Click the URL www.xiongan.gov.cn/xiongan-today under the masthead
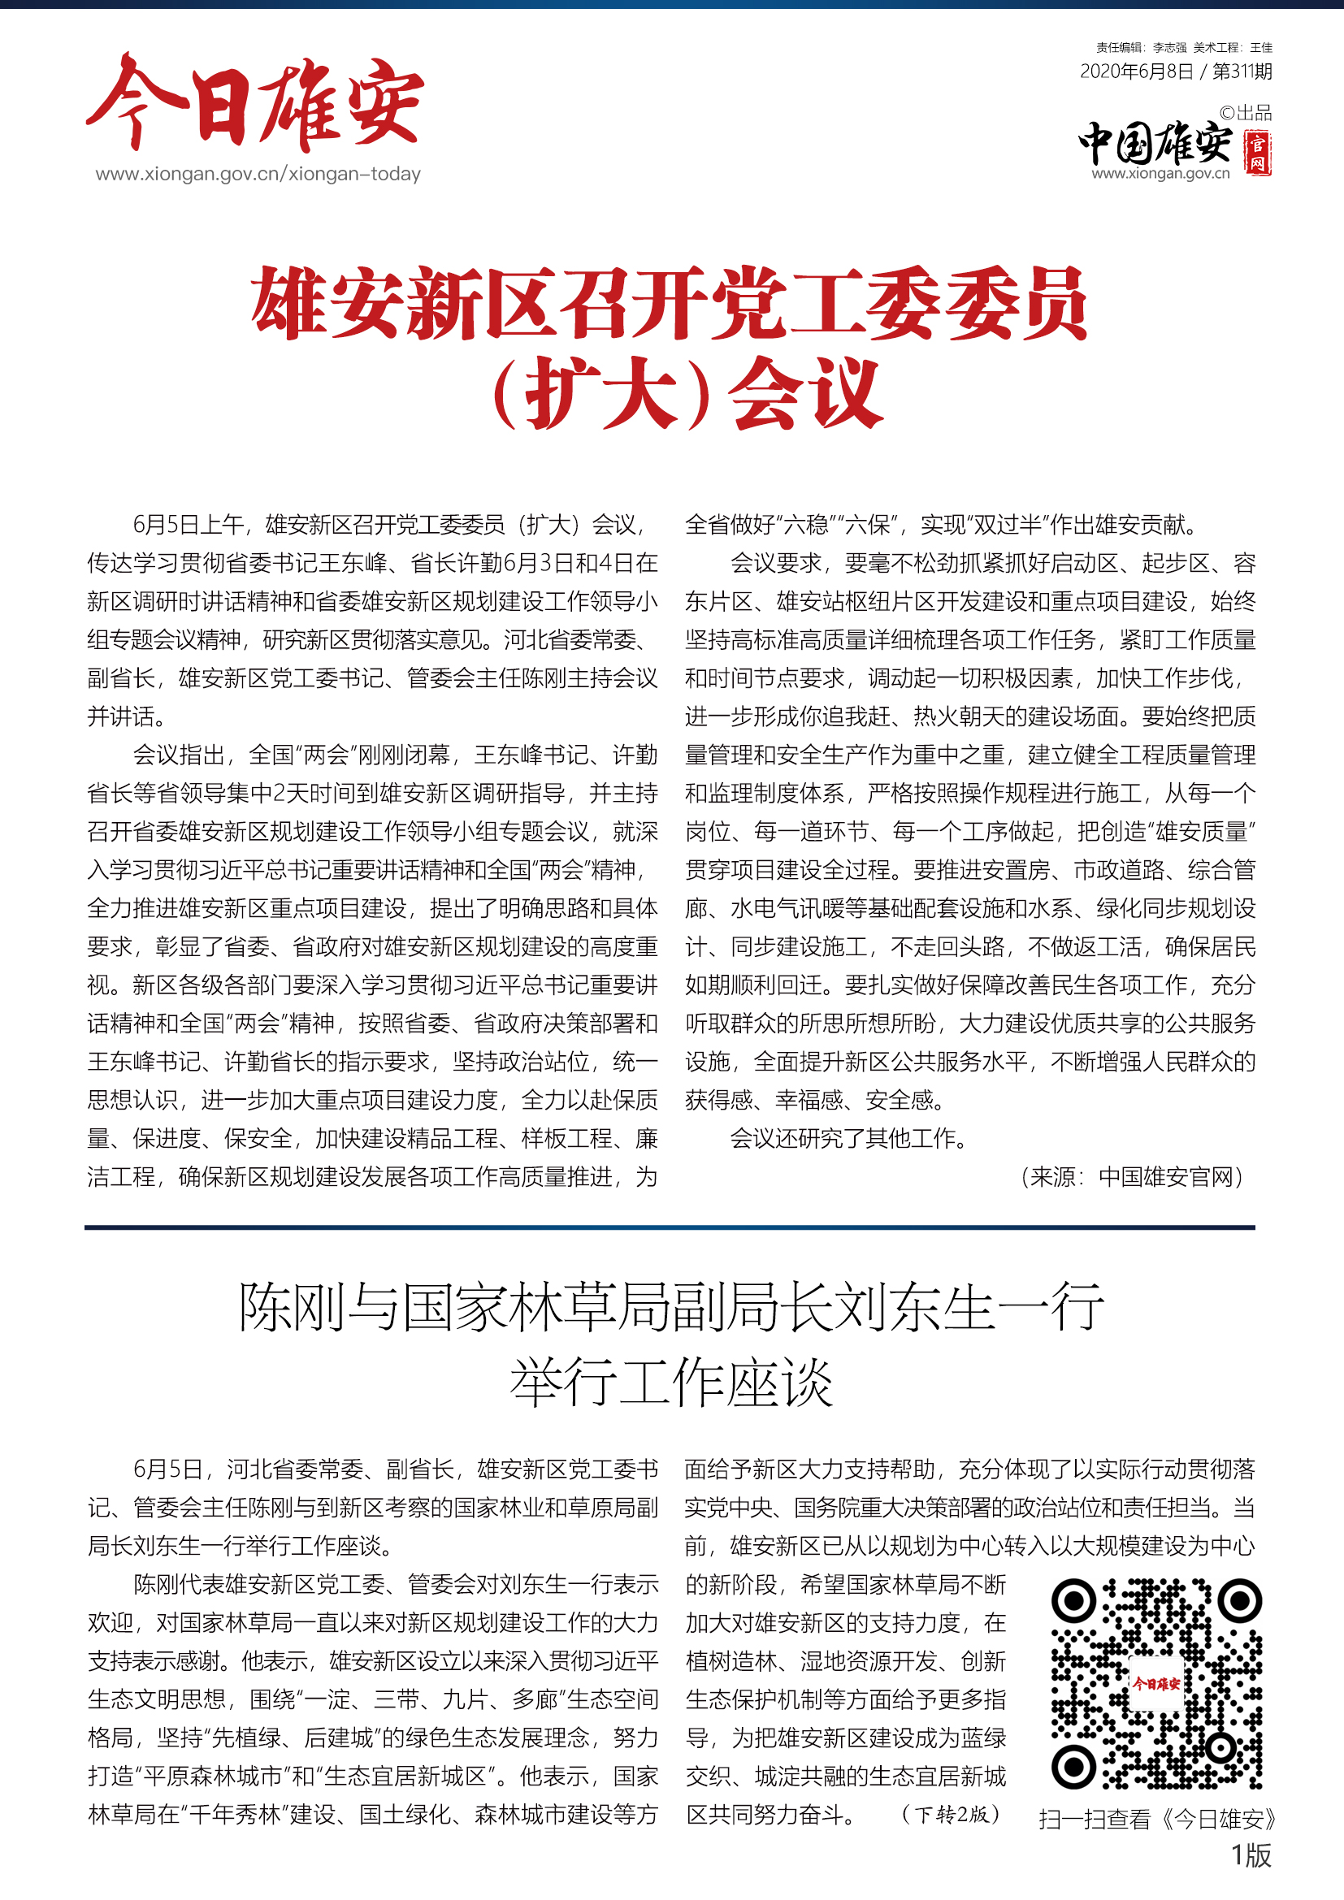(x=258, y=174)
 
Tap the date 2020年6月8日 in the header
(x=1136, y=72)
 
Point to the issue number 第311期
(x=1242, y=72)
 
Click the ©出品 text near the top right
(x=1246, y=113)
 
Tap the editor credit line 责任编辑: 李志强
(x=1141, y=48)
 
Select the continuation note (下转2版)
(x=951, y=1815)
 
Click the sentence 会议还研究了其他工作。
(x=849, y=1139)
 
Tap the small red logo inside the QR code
(x=1156, y=1683)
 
